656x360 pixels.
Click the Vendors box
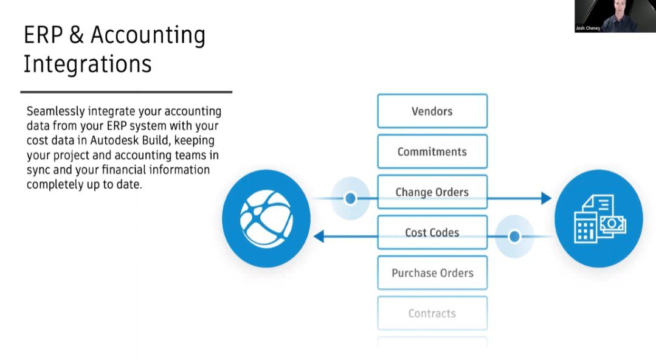click(x=432, y=111)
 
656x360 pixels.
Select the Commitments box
click(x=432, y=151)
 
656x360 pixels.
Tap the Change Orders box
click(x=432, y=192)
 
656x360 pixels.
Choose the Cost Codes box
click(x=432, y=232)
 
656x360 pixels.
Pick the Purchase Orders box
click(x=432, y=273)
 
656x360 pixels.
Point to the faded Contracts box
click(x=432, y=313)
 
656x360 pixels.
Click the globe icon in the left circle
click(x=266, y=218)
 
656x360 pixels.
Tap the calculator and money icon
click(x=599, y=218)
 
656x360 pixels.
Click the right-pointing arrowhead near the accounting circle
click(x=546, y=198)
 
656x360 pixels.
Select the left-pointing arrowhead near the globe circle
click(x=319, y=237)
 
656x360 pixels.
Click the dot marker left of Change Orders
click(x=350, y=198)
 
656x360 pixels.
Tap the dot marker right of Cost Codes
click(x=514, y=237)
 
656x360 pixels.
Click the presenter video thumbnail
click(x=614, y=16)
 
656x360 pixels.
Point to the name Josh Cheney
click(x=588, y=29)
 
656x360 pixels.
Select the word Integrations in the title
click(x=88, y=64)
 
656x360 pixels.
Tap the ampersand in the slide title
click(x=77, y=36)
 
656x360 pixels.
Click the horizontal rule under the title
click(x=126, y=92)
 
